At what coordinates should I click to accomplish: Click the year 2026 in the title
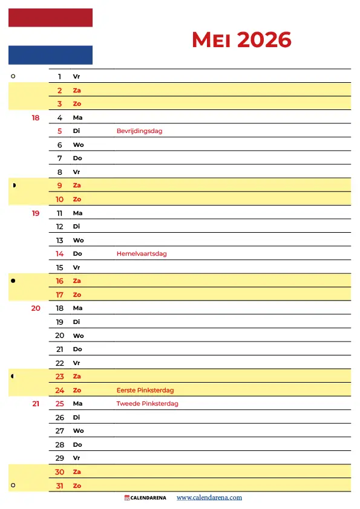[x=264, y=40]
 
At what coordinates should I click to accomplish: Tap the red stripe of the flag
[x=50, y=18]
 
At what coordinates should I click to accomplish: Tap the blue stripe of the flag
[x=50, y=55]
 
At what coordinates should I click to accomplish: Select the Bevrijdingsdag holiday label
[x=139, y=131]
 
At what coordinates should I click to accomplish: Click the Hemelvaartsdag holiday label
[x=142, y=254]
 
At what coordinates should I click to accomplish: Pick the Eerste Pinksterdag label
[x=145, y=391]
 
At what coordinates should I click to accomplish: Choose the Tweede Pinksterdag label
[x=147, y=404]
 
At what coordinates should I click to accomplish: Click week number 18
[x=36, y=118]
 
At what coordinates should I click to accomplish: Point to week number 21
[x=36, y=404]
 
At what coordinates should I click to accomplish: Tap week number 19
[x=36, y=213]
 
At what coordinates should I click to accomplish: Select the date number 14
[x=60, y=254]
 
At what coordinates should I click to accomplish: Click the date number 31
[x=60, y=486]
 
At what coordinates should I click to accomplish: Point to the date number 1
[x=60, y=77]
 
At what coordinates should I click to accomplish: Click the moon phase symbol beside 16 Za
[x=13, y=281]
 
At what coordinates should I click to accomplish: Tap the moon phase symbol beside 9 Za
[x=13, y=186]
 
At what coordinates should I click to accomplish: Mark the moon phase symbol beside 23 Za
[x=13, y=377]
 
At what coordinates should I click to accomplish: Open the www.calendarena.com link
[x=209, y=498]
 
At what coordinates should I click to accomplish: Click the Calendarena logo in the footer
[x=146, y=498]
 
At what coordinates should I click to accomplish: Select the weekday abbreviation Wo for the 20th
[x=78, y=336]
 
